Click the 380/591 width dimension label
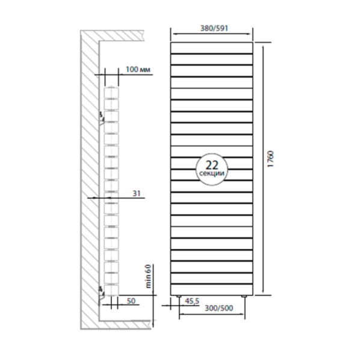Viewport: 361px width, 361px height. click(214, 28)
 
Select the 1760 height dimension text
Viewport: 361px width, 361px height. click(271, 159)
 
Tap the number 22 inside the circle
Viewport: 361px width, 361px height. click(212, 165)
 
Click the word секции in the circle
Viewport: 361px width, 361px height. click(212, 173)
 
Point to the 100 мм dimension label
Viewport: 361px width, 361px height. click(138, 69)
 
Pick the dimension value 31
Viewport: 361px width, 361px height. click(137, 193)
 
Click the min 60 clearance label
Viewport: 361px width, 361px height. click(148, 276)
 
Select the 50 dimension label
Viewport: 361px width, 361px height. click(131, 301)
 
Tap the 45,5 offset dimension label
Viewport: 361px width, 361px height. click(192, 301)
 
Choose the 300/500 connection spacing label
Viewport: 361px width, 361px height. click(219, 308)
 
